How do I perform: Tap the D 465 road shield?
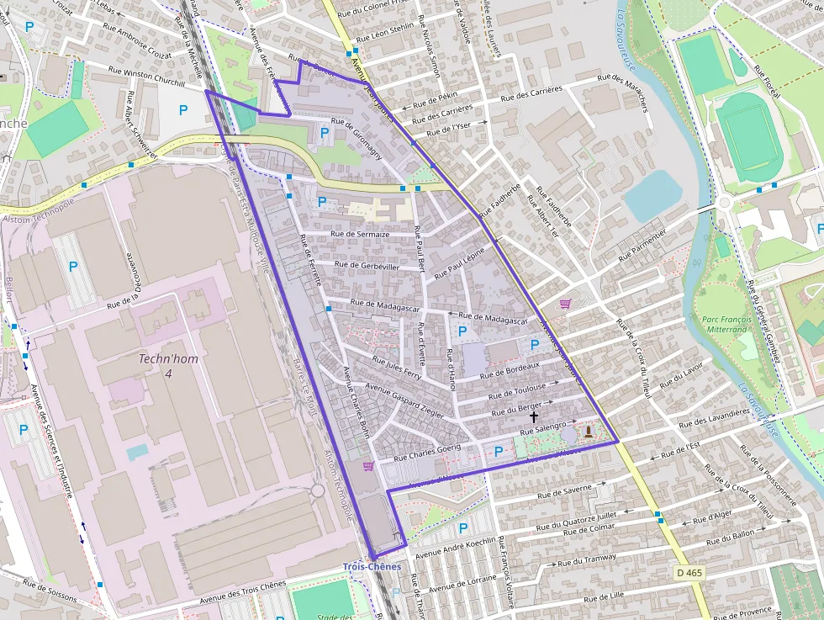pyautogui.click(x=689, y=572)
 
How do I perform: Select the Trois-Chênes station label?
pyautogui.click(x=372, y=567)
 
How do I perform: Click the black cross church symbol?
pyautogui.click(x=533, y=416)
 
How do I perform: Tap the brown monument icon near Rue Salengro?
pyautogui.click(x=588, y=432)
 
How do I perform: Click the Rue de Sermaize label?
pyautogui.click(x=361, y=235)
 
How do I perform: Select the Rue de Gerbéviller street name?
pyautogui.click(x=367, y=266)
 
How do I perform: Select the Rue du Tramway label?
pyautogui.click(x=586, y=559)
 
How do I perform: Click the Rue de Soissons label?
pyautogui.click(x=50, y=591)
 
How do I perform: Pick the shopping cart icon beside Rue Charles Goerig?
pyautogui.click(x=368, y=466)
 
